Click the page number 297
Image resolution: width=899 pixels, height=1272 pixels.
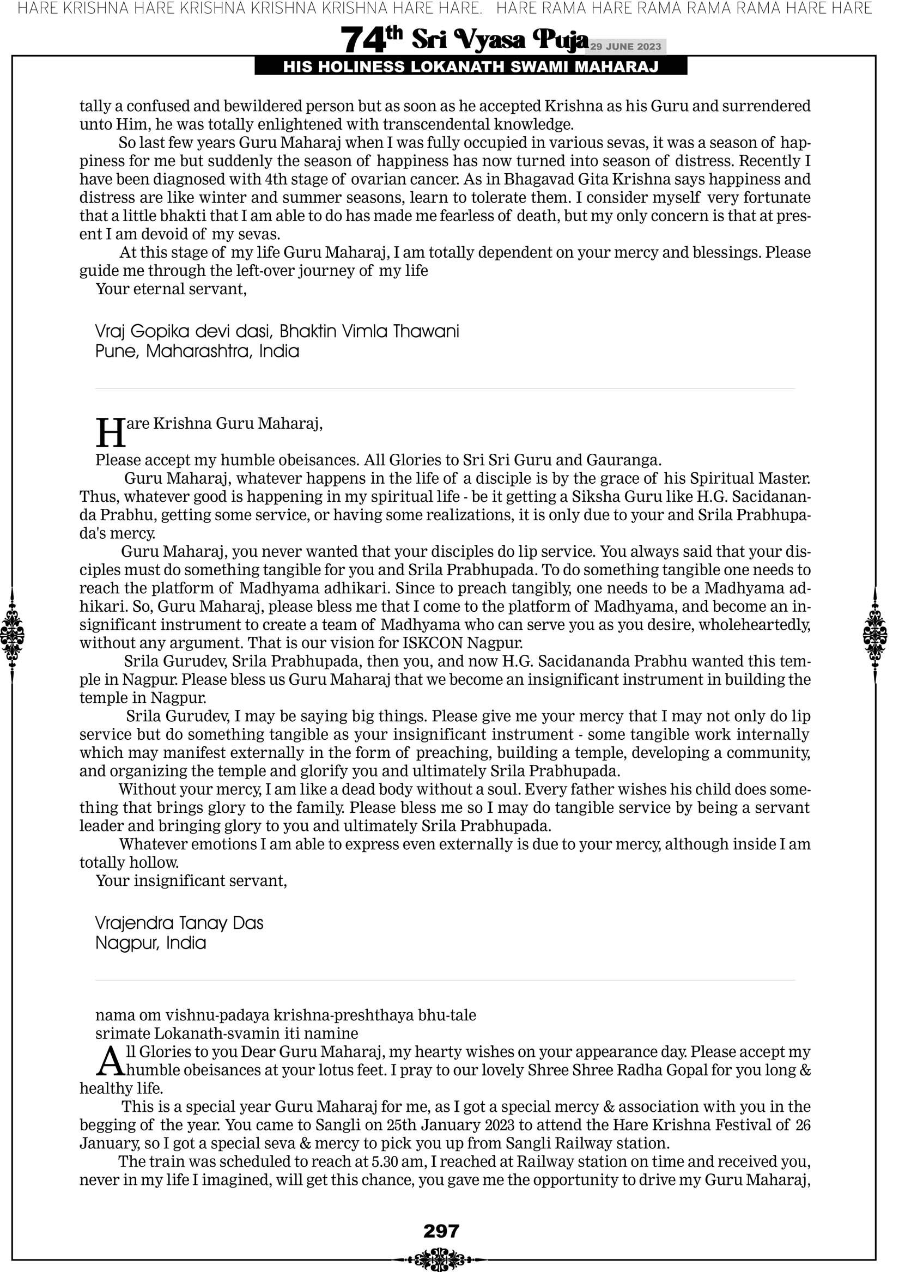tap(441, 1231)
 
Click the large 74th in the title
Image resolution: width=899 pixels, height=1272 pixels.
tap(371, 40)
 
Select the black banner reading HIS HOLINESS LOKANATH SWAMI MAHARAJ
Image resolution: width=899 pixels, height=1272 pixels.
tap(471, 67)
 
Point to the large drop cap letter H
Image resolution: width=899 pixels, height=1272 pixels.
tap(110, 433)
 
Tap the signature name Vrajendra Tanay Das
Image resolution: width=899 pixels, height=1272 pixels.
tap(179, 923)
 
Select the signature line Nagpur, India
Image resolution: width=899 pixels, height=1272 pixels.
tap(150, 944)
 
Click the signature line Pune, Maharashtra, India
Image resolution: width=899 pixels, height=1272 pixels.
tap(197, 352)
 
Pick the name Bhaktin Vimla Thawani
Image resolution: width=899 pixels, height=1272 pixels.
tap(369, 332)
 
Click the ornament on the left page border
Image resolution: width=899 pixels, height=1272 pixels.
tap(12, 635)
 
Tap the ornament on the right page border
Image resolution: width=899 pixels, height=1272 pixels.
tap(875, 635)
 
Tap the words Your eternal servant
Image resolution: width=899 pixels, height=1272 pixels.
tap(171, 289)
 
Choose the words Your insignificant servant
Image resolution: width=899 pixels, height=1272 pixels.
tap(191, 881)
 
